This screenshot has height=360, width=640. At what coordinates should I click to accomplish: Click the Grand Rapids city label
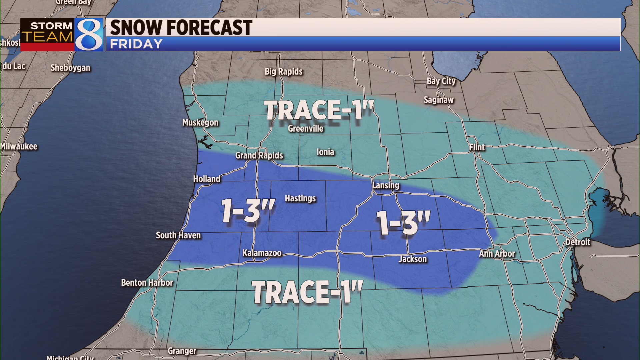click(x=259, y=156)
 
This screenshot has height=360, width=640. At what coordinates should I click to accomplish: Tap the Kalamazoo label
click(x=262, y=253)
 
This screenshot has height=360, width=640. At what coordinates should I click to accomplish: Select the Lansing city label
click(x=386, y=186)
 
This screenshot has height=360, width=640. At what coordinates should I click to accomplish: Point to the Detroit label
click(x=578, y=242)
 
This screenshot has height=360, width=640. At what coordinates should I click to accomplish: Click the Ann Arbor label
click(x=497, y=254)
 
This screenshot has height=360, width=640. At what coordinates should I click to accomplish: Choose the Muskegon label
click(x=200, y=123)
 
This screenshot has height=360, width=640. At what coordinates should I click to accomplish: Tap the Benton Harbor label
click(x=147, y=283)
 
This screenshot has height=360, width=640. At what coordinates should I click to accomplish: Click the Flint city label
click(x=477, y=147)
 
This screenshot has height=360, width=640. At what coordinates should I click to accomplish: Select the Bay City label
click(x=441, y=81)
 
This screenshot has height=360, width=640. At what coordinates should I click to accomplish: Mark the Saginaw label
click(x=439, y=100)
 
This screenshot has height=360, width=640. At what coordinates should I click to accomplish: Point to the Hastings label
click(x=300, y=199)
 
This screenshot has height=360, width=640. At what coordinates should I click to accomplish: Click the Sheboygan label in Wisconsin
click(x=70, y=68)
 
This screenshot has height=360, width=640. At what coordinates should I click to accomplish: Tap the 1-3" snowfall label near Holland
click(x=248, y=210)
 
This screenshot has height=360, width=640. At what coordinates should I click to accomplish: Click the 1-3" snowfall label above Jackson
click(x=403, y=223)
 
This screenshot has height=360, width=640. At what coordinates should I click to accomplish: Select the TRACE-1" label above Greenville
click(x=319, y=110)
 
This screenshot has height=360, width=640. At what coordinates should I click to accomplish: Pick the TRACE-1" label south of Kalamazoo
click(x=307, y=292)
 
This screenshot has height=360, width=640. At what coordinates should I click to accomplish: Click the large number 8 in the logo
click(x=89, y=35)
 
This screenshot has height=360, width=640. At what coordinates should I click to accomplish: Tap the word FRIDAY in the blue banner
click(x=136, y=44)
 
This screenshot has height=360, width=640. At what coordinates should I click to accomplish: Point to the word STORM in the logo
click(x=51, y=26)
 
